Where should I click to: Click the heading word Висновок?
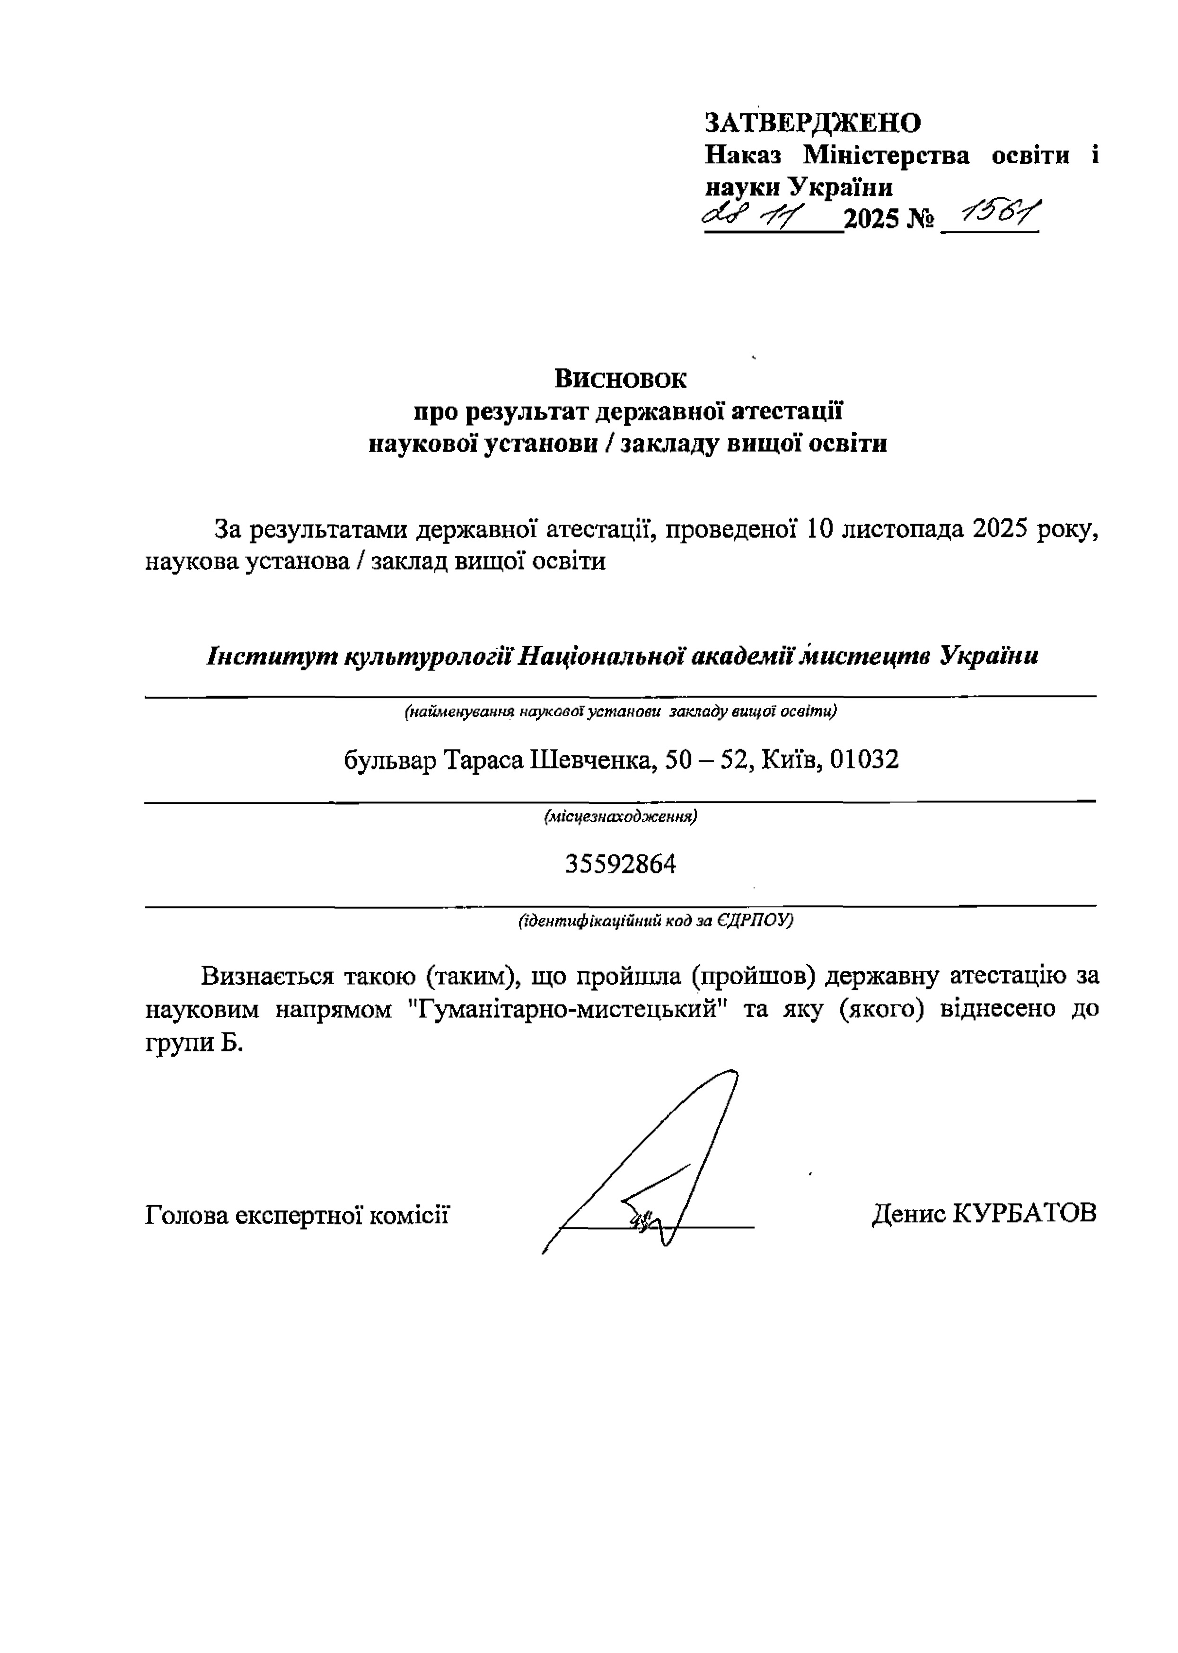point(620,378)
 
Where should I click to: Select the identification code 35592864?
point(620,864)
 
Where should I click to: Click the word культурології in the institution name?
point(430,657)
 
